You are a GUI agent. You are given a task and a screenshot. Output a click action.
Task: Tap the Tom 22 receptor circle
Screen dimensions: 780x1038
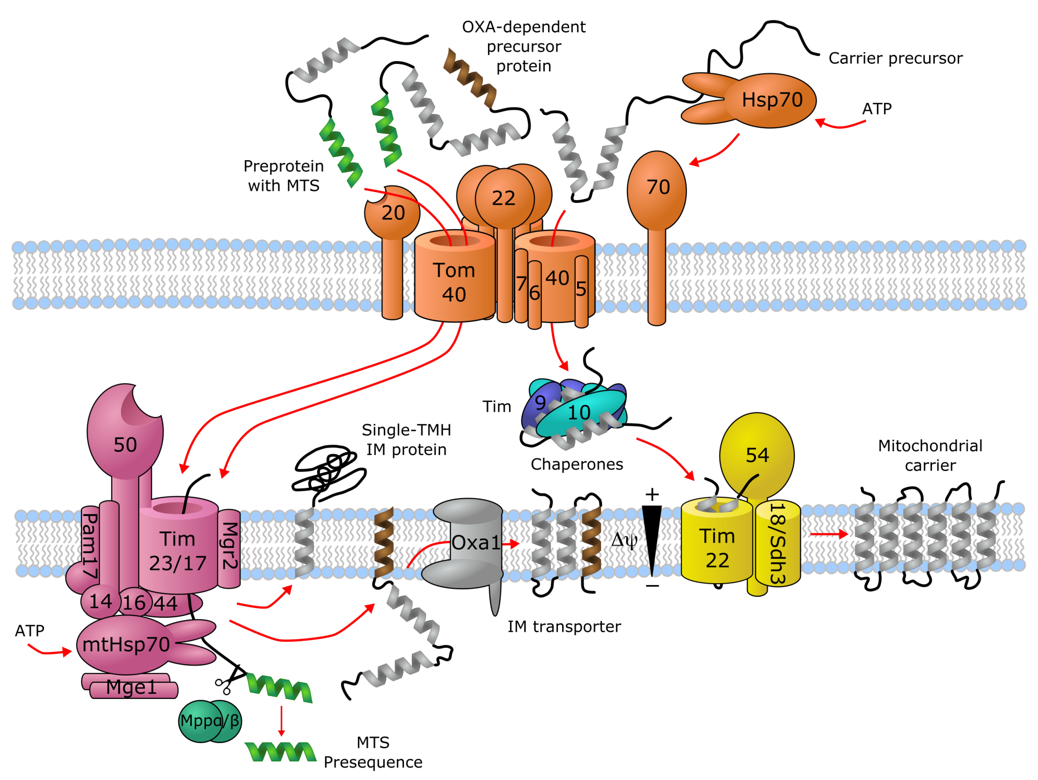(504, 198)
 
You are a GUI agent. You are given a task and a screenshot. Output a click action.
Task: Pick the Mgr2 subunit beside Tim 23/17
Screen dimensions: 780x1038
(229, 547)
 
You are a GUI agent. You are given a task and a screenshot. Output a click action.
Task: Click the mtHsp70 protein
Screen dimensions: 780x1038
(126, 644)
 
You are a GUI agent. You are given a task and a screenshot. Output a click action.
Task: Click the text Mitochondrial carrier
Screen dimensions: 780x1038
(930, 455)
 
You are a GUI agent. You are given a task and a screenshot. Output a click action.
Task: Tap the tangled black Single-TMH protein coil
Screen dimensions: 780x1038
(328, 469)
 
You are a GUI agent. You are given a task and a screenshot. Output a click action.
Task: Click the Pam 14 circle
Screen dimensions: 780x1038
(100, 601)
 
